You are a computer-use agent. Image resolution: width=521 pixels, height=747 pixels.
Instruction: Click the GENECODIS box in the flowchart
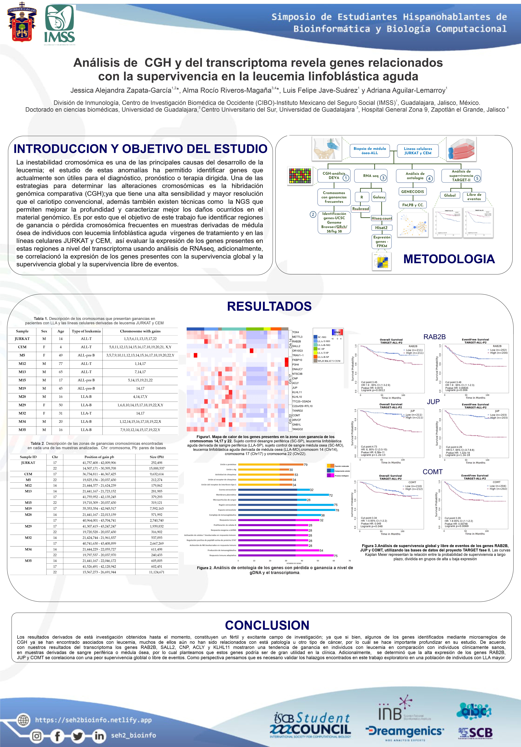coord(412,192)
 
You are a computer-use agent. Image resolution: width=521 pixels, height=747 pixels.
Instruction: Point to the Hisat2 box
coord(381,228)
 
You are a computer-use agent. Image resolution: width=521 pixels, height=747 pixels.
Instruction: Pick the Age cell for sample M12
coord(60,364)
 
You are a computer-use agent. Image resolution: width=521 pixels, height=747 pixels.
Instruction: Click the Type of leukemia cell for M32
coord(86,413)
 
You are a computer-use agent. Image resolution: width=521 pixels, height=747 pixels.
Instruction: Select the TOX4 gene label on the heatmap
coord(295,332)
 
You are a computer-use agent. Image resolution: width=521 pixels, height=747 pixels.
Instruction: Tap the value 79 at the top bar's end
coord(306,465)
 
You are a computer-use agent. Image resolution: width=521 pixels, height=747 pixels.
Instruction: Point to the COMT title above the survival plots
coord(433,472)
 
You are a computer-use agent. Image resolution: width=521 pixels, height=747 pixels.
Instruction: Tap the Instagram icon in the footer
coord(37,736)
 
